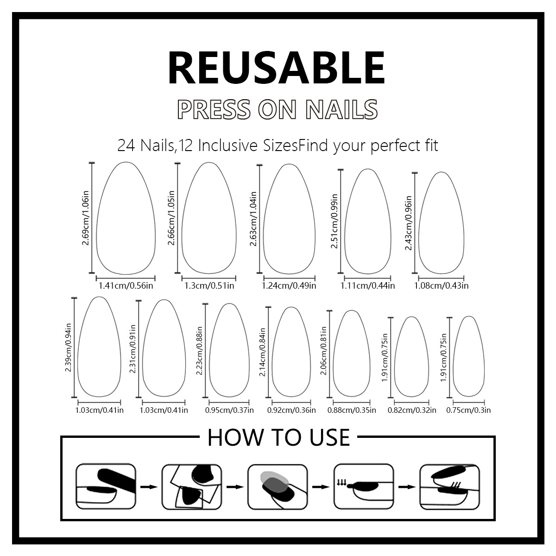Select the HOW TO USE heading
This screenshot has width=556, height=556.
point(278,437)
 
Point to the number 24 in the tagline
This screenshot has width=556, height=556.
point(126,146)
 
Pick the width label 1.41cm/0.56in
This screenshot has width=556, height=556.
point(126,285)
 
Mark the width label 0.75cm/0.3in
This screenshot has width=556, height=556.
point(468,410)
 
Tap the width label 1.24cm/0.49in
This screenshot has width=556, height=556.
point(289,285)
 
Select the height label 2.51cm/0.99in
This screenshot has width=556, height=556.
point(335,221)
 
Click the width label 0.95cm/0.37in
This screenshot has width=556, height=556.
point(229,410)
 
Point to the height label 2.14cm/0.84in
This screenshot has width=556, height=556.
point(262,354)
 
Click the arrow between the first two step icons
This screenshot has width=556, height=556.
point(149,486)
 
